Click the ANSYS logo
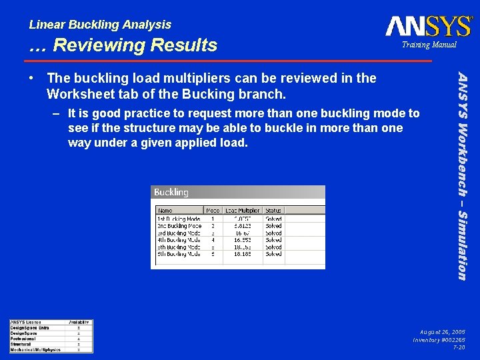(429, 26)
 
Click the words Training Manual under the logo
(429, 45)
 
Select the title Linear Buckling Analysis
(100, 25)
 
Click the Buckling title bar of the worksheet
(171, 193)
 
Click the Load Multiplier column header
(242, 210)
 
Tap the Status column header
(273, 210)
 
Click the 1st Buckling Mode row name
(179, 219)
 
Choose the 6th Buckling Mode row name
(179, 254)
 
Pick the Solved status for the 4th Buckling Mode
(273, 240)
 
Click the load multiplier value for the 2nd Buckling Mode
(242, 226)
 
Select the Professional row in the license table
(23, 339)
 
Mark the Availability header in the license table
(79, 323)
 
